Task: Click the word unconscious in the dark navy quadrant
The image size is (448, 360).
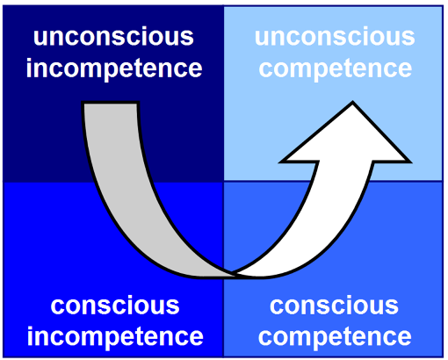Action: click(x=113, y=36)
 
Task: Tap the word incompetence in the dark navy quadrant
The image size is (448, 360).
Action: click(x=114, y=68)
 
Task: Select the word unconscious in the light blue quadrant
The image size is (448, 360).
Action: click(x=335, y=36)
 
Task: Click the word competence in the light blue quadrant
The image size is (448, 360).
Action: click(x=336, y=68)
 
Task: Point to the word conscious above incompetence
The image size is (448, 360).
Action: click(x=115, y=306)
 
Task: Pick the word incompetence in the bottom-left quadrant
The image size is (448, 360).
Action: click(x=115, y=336)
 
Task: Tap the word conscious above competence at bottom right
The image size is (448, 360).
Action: click(x=334, y=306)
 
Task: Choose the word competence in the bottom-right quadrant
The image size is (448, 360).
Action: click(x=335, y=337)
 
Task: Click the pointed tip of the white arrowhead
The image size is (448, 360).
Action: click(x=352, y=102)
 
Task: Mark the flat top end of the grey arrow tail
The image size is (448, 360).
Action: click(x=110, y=103)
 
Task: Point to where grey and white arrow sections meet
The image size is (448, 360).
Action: click(x=234, y=274)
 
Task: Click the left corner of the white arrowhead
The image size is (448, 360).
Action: click(x=280, y=162)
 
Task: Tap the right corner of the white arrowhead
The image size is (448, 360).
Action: click(x=410, y=162)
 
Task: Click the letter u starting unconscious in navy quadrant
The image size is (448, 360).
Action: click(x=40, y=39)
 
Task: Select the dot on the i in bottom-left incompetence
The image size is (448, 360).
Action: click(x=31, y=328)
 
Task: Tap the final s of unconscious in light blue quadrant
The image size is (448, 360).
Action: click(x=408, y=39)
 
